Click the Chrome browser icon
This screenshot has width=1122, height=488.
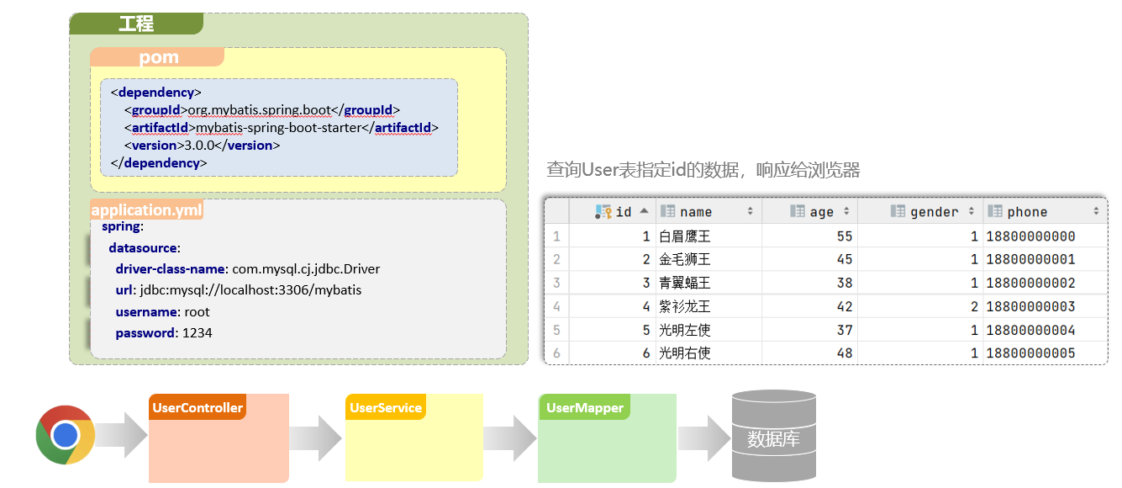pos(65,434)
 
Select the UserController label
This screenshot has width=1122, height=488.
pos(198,408)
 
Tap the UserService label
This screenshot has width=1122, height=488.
pos(386,408)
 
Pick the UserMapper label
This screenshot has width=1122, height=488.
pos(584,408)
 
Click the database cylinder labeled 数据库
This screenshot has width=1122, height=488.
pos(773,436)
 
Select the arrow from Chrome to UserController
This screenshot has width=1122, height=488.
pos(124,435)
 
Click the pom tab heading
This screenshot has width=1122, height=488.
pos(159,57)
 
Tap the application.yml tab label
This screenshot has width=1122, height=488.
pos(146,210)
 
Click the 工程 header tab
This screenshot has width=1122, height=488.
pos(136,24)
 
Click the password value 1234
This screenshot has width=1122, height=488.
pos(198,333)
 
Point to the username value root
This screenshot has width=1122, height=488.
pos(198,312)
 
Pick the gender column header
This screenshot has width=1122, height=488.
pos(934,212)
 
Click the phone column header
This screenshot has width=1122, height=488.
pos(1027,212)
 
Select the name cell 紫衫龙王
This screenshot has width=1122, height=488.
pos(684,306)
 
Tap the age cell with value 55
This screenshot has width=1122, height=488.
pos(844,236)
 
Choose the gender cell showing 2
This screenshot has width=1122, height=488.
pos(973,306)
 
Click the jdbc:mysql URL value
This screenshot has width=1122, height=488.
pos(293,290)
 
